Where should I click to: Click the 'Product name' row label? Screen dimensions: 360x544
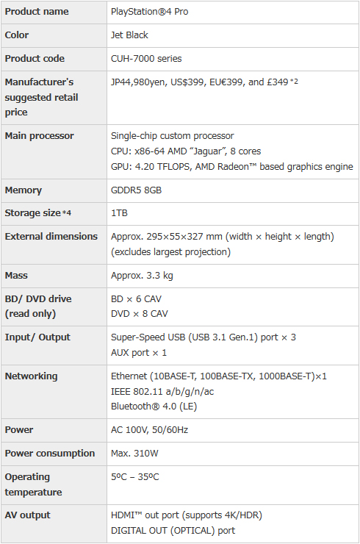coord(37,12)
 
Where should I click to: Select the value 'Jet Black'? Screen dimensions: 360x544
coord(129,35)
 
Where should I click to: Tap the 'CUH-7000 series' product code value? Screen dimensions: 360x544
coord(146,59)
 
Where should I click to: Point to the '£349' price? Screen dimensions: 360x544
coord(278,82)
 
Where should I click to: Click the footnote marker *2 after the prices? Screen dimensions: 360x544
coord(294,81)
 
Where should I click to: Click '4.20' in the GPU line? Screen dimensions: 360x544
coord(145,167)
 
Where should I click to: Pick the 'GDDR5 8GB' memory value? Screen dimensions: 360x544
coord(136,190)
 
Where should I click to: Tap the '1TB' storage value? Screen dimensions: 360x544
coord(119,213)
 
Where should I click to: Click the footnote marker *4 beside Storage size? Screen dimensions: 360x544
coord(67,212)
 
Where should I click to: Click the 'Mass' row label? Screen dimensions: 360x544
coord(16,276)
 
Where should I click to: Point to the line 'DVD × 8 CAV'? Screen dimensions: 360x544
coord(139,314)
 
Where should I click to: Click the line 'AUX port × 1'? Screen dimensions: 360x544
coord(139,353)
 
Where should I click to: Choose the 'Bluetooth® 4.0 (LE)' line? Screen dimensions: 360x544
coord(154,407)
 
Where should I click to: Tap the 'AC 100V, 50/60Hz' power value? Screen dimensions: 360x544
coord(149,430)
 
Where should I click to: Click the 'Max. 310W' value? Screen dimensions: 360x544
coord(134,454)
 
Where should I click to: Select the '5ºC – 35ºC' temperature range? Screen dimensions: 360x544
coord(134,477)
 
